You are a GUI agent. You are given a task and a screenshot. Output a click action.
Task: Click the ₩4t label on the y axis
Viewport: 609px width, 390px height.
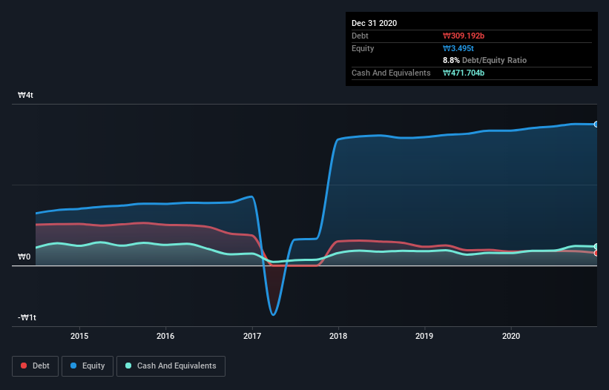(x=26, y=96)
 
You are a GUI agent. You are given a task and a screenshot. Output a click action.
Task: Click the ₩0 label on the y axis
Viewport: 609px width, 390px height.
(x=24, y=257)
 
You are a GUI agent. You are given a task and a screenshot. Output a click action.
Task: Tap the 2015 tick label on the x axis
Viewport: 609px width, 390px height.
(x=79, y=335)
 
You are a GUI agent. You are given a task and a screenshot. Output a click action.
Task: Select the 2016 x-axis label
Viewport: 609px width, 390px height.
(x=166, y=335)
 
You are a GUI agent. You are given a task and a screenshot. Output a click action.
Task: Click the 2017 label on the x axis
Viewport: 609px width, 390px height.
(x=252, y=335)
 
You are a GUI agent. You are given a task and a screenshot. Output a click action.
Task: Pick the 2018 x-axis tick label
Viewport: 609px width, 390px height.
(x=339, y=335)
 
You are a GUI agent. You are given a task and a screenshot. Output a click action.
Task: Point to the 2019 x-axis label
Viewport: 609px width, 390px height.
(x=425, y=335)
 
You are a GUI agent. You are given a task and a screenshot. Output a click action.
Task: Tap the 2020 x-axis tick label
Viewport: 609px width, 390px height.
(x=511, y=335)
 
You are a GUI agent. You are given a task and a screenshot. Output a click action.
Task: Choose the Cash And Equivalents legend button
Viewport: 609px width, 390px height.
(x=171, y=366)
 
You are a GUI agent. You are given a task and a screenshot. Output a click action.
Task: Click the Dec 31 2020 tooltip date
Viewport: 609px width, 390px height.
(x=374, y=23)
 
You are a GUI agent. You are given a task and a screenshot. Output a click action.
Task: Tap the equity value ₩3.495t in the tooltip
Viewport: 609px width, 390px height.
(x=458, y=48)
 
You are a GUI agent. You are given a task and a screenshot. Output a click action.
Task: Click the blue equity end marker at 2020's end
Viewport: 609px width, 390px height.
(x=596, y=124)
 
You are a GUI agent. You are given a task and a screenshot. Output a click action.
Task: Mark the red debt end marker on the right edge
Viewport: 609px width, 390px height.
(x=596, y=253)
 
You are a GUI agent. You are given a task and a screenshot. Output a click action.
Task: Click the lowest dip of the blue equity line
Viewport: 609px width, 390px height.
(x=274, y=315)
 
